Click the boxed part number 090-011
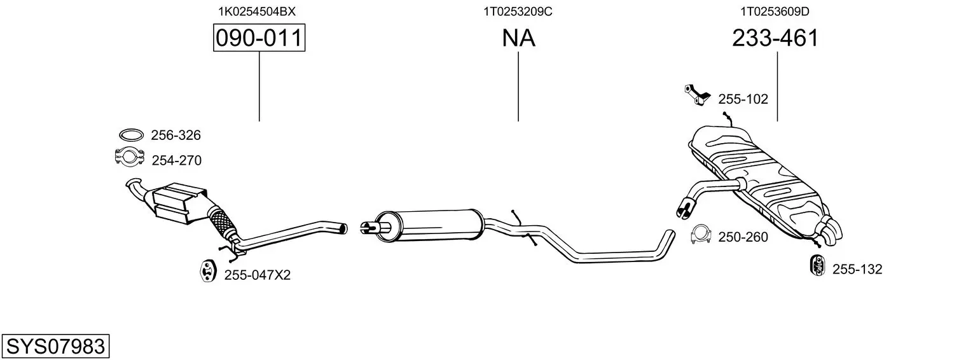click(259, 38)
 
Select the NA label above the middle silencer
click(518, 38)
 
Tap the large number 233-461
click(775, 38)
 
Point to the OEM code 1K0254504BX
click(257, 11)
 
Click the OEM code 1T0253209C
click(518, 11)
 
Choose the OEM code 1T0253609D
click(775, 11)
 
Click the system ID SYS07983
click(55, 346)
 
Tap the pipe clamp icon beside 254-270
click(130, 156)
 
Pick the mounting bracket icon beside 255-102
click(697, 95)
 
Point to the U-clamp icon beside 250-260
click(701, 235)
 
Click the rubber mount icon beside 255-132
click(818, 265)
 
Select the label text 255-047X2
click(257, 275)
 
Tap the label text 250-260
click(743, 237)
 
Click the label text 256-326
click(176, 135)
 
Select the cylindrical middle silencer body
click(429, 225)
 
